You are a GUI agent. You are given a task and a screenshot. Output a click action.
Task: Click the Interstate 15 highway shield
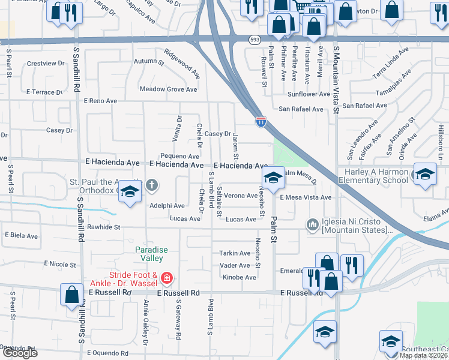[x=261, y=122]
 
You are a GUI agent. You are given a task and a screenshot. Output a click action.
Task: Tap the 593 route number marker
[x=255, y=40]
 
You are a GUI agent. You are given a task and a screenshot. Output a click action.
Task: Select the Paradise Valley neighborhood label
[x=149, y=254]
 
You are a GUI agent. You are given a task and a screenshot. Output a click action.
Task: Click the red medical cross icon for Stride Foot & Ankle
[x=166, y=278]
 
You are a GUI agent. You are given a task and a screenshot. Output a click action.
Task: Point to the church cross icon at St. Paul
[x=152, y=185]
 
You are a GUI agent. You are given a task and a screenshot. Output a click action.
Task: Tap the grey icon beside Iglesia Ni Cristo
[x=312, y=224]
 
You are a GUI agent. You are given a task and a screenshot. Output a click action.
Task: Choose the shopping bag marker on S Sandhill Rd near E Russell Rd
[x=71, y=295]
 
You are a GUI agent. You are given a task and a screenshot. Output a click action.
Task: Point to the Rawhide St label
[x=104, y=228]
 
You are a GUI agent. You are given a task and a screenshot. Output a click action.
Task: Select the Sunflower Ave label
[x=309, y=94]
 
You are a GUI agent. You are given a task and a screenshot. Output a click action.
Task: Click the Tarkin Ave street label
[x=235, y=253]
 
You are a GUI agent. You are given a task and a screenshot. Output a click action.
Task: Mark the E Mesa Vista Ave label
[x=306, y=197]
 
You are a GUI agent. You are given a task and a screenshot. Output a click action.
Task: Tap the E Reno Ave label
[x=100, y=101]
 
